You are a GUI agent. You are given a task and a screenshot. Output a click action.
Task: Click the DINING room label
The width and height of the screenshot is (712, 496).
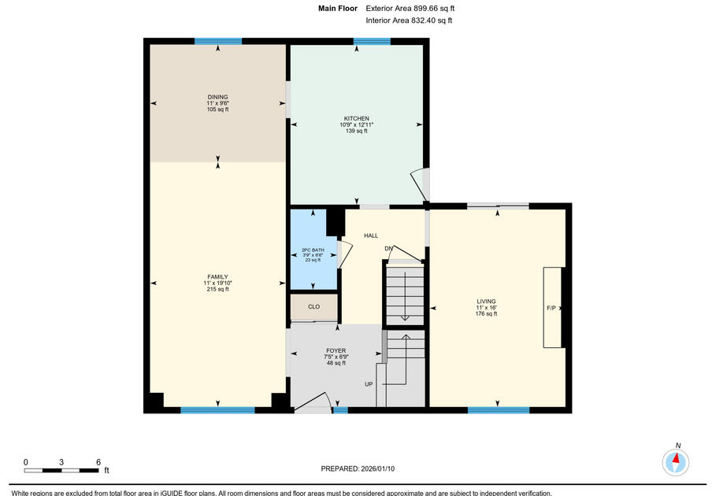tap(218, 98)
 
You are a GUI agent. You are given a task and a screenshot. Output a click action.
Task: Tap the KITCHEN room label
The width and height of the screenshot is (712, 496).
tap(356, 119)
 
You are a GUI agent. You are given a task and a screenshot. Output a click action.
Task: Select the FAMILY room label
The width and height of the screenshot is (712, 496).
tap(217, 277)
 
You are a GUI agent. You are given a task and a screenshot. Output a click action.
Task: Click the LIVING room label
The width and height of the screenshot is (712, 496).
tap(486, 302)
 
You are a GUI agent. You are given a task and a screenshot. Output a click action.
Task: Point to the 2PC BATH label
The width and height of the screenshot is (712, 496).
tap(313, 250)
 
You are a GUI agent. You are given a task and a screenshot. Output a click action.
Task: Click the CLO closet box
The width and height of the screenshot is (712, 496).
tap(313, 306)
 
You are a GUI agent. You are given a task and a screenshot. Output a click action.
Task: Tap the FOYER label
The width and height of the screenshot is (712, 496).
tap(336, 351)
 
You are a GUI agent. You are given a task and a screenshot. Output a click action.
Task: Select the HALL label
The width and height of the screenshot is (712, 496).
tap(371, 235)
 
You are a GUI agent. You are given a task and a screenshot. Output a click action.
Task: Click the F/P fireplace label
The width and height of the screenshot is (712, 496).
tap(551, 308)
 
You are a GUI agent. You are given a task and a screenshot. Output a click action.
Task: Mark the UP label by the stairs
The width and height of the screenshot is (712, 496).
tap(369, 384)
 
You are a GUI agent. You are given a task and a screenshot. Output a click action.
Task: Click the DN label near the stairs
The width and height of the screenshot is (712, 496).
tap(388, 249)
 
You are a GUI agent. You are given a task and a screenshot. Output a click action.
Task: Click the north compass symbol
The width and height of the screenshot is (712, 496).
tap(675, 460)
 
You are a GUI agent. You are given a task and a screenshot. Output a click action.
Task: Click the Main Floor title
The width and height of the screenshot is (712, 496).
tap(338, 8)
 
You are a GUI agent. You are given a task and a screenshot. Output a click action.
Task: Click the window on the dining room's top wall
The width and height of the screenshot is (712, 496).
tap(218, 41)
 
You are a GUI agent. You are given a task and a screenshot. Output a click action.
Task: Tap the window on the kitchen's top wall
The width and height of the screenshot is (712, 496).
tap(372, 41)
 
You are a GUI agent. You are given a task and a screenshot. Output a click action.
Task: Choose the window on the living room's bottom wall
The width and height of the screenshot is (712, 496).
tap(498, 409)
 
